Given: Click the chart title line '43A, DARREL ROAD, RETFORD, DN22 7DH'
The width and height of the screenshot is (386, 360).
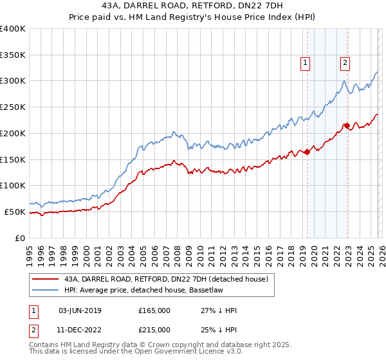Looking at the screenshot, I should click(193, 5).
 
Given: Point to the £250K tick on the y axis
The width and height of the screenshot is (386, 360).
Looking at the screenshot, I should click(13, 107).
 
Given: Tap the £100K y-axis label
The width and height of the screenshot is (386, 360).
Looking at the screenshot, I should click(13, 186).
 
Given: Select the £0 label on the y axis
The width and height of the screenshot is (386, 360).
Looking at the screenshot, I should click(21, 238).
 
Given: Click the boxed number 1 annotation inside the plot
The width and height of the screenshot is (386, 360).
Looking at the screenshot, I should click(304, 63).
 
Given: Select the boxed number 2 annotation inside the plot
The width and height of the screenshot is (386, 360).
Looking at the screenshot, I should click(345, 63).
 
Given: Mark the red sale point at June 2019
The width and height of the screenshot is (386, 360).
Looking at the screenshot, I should click(307, 152).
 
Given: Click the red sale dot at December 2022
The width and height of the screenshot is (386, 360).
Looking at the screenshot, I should click(347, 125).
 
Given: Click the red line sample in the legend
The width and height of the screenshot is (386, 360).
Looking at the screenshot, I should click(45, 279).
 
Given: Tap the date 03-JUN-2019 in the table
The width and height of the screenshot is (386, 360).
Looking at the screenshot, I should click(80, 310).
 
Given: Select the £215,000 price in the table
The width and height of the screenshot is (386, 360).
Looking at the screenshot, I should click(154, 329).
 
